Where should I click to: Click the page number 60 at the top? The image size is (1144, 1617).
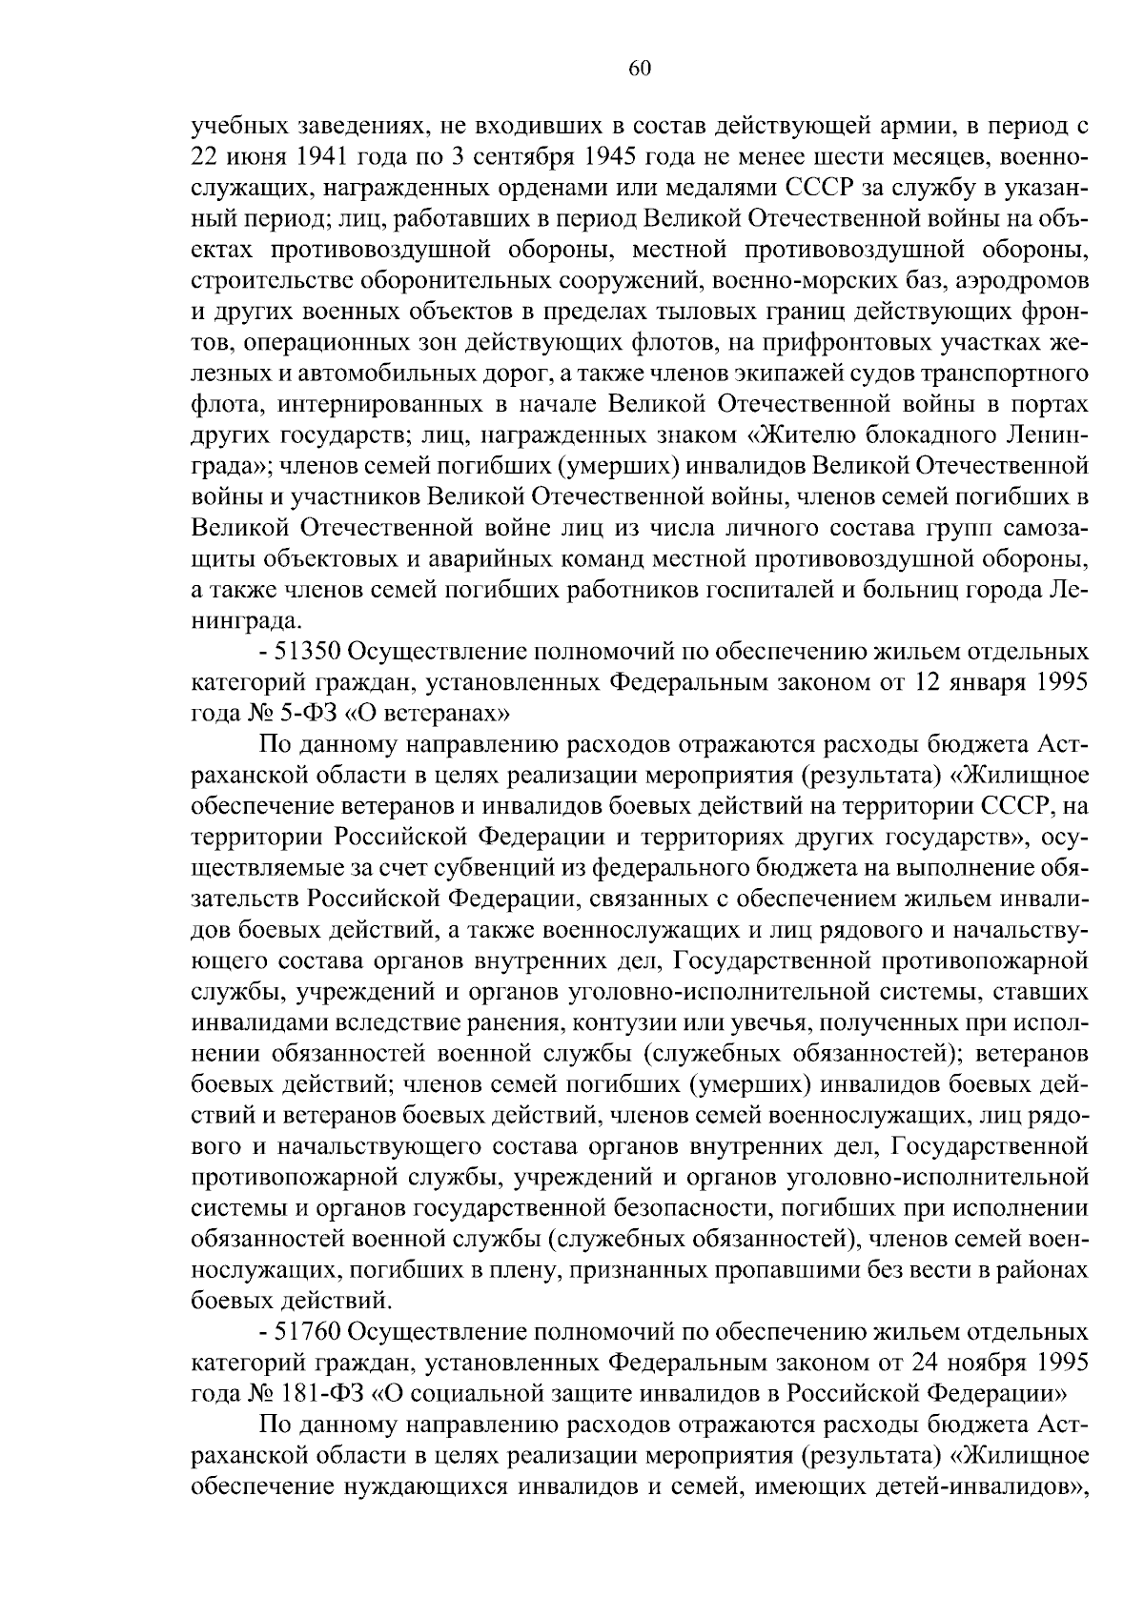click(640, 68)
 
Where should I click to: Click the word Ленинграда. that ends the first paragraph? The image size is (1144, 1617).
click(246, 621)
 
